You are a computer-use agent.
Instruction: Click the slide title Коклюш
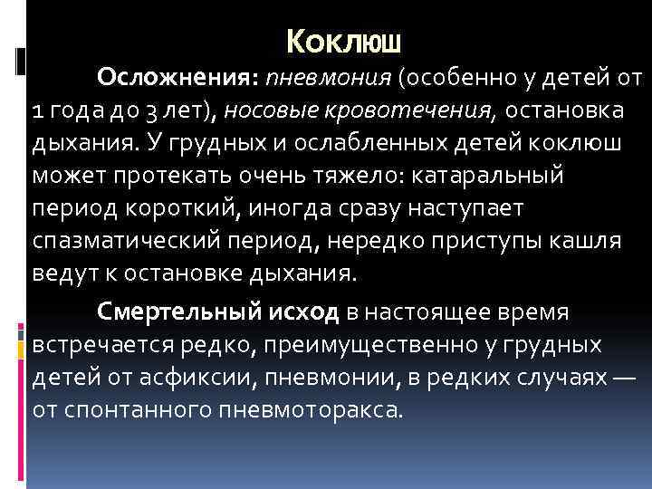click(343, 40)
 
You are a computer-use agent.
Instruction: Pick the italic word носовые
click(277, 110)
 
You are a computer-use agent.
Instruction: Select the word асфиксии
click(217, 378)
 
